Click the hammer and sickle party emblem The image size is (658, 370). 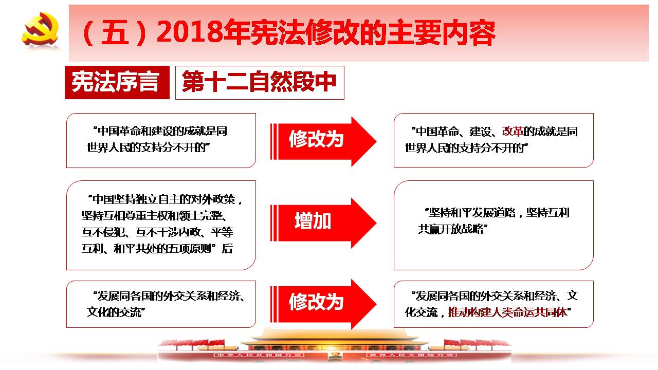pyautogui.click(x=40, y=29)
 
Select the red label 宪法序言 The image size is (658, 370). pyautogui.click(x=117, y=82)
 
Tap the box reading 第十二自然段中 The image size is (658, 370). pyautogui.click(x=260, y=83)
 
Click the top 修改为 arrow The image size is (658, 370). pyautogui.click(x=323, y=141)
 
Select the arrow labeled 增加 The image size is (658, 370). pyautogui.click(x=323, y=223)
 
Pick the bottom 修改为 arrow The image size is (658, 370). pyautogui.click(x=323, y=304)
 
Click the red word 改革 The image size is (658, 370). pyautogui.click(x=513, y=131)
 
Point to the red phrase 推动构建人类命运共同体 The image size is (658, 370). pyautogui.click(x=507, y=312)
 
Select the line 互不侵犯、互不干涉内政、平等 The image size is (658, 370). pyautogui.click(x=157, y=232)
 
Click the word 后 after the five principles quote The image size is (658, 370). pyautogui.click(x=227, y=248)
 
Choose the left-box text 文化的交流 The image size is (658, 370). pyautogui.click(x=114, y=312)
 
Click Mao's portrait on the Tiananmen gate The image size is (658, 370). pyautogui.click(x=334, y=355)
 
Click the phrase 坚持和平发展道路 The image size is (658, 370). pyautogui.click(x=472, y=212)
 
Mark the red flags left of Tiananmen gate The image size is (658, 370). pyautogui.click(x=192, y=343)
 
